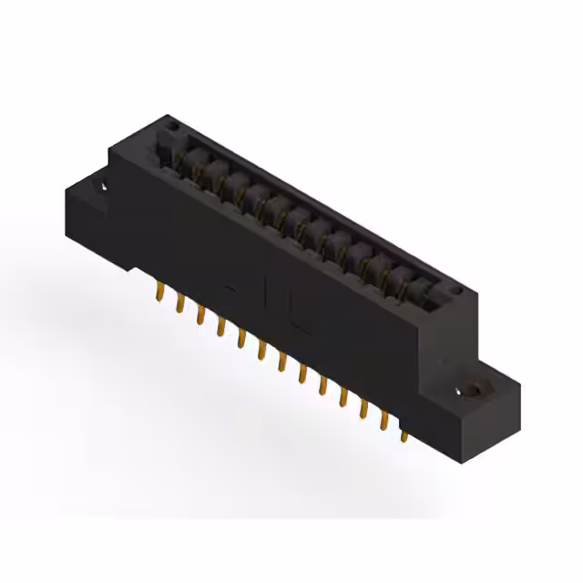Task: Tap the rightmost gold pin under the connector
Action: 404,436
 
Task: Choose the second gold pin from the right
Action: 384,421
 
